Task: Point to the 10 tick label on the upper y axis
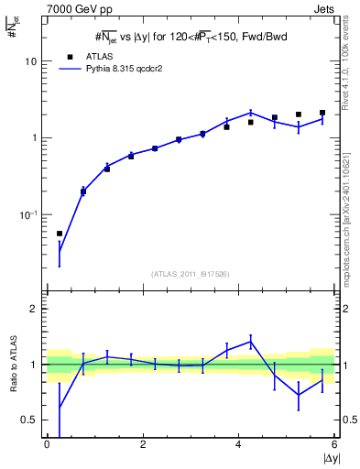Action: (x=30, y=61)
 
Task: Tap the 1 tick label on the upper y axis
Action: (x=34, y=138)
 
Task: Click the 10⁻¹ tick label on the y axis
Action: (x=28, y=215)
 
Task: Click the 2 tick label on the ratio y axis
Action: (x=34, y=310)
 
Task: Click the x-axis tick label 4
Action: (x=239, y=445)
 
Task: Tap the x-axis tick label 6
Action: (x=335, y=445)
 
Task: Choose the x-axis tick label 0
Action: (x=47, y=445)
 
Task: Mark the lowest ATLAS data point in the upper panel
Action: (x=60, y=234)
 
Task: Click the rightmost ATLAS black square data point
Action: (x=322, y=113)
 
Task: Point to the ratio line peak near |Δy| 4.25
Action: (x=250, y=342)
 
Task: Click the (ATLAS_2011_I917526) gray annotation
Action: (x=191, y=274)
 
